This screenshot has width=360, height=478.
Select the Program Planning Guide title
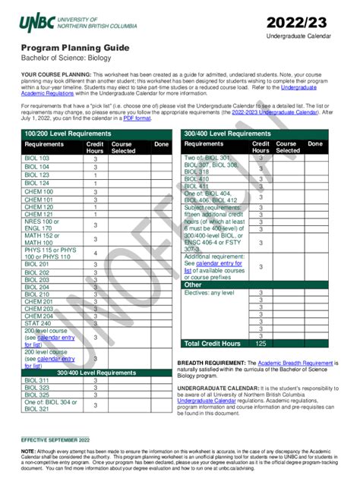click(x=67, y=48)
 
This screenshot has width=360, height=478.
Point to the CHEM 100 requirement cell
click(x=37, y=192)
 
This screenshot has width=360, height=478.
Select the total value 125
click(x=261, y=344)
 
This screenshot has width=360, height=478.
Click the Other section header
click(x=194, y=285)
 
